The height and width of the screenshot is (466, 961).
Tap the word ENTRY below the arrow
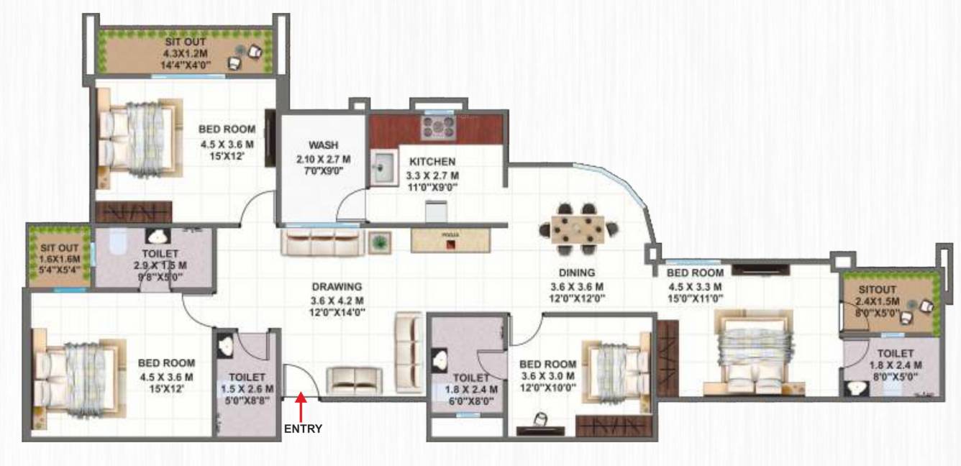[x=303, y=429]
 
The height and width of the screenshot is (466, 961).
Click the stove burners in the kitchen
[x=438, y=128]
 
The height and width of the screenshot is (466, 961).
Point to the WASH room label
[x=323, y=145]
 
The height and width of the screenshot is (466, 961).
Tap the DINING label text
[x=576, y=273]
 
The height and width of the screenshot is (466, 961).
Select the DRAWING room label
[x=337, y=286]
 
